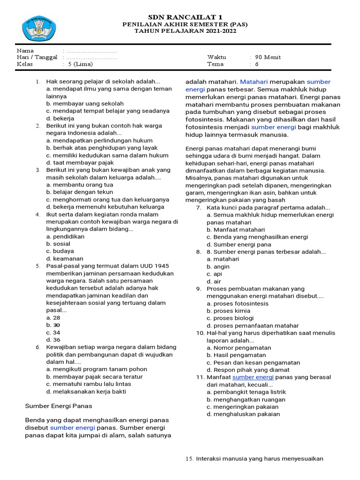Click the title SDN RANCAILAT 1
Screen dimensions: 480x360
tap(185, 17)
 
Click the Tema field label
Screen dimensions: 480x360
tap(215, 64)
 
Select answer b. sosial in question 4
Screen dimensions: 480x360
tap(58, 244)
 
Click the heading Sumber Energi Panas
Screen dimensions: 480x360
tap(59, 405)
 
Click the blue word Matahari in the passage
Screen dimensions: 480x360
tap(254, 82)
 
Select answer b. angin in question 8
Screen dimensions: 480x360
tap(218, 266)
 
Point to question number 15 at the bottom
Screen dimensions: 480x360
tap(189, 458)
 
